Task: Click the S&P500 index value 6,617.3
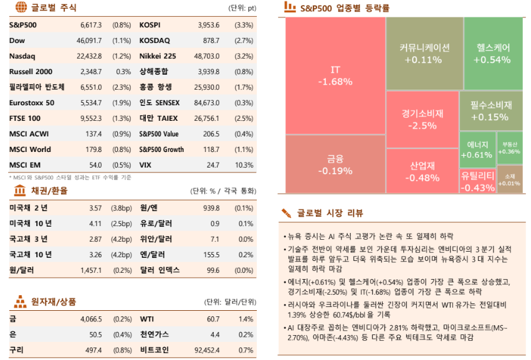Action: click(x=91, y=26)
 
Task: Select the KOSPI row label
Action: click(x=150, y=26)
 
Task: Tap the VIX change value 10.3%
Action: click(x=244, y=165)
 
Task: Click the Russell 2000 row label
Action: click(x=31, y=72)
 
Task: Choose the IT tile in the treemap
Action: click(x=335, y=75)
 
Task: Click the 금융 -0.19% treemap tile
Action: click(x=335, y=164)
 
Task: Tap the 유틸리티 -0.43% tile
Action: click(x=477, y=181)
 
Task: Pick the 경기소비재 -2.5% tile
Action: click(x=422, y=119)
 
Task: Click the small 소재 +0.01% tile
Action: click(x=509, y=180)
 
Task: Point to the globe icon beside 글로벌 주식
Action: click(x=21, y=8)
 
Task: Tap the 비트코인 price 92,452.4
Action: click(x=206, y=350)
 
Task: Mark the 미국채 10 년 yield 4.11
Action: click(x=95, y=223)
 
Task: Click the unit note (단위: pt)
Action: click(x=242, y=9)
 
